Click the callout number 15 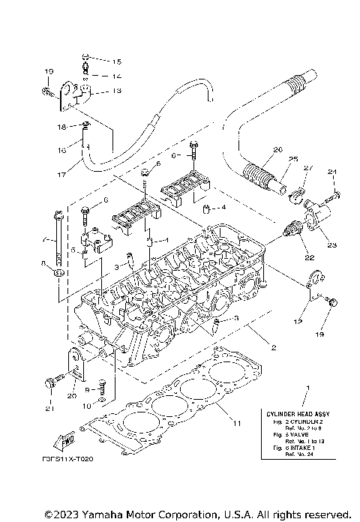(x=116, y=61)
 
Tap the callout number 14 (x=116, y=76)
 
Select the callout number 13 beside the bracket (x=116, y=91)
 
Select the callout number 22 (x=307, y=258)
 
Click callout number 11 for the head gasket (x=237, y=424)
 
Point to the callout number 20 (x=72, y=396)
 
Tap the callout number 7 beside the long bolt (x=44, y=241)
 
